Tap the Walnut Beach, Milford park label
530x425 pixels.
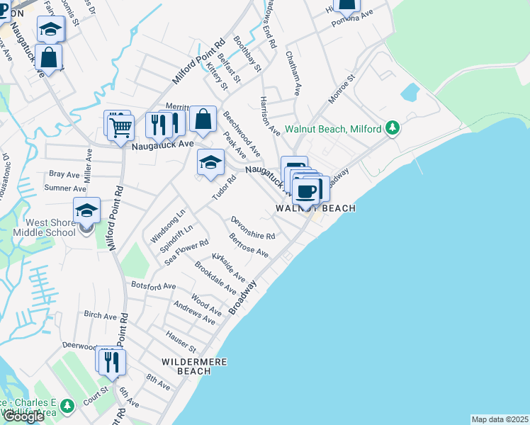click(334, 130)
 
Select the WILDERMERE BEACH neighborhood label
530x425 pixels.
click(193, 366)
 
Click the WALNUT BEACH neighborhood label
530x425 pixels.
click(315, 208)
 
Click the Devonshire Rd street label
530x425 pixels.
click(252, 227)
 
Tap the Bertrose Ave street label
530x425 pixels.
click(248, 246)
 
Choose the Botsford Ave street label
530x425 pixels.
click(153, 285)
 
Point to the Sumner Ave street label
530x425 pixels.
click(65, 188)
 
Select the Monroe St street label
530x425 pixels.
click(340, 89)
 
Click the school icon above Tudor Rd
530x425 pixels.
click(210, 162)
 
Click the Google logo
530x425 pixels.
click(23, 416)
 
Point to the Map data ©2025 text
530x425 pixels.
click(499, 419)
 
